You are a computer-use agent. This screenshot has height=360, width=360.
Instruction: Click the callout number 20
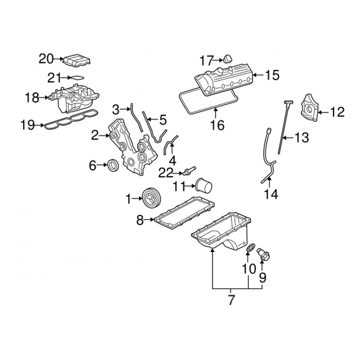point(46,58)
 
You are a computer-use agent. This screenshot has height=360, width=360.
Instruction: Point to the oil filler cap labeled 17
point(228,59)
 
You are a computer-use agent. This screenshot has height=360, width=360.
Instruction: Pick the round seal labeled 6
point(113,165)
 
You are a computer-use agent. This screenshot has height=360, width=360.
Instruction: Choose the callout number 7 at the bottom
point(231,299)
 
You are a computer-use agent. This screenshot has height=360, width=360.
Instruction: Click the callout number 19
point(28,125)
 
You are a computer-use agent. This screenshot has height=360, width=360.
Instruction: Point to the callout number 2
point(95,135)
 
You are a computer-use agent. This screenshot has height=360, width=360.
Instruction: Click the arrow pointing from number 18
point(44,97)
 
